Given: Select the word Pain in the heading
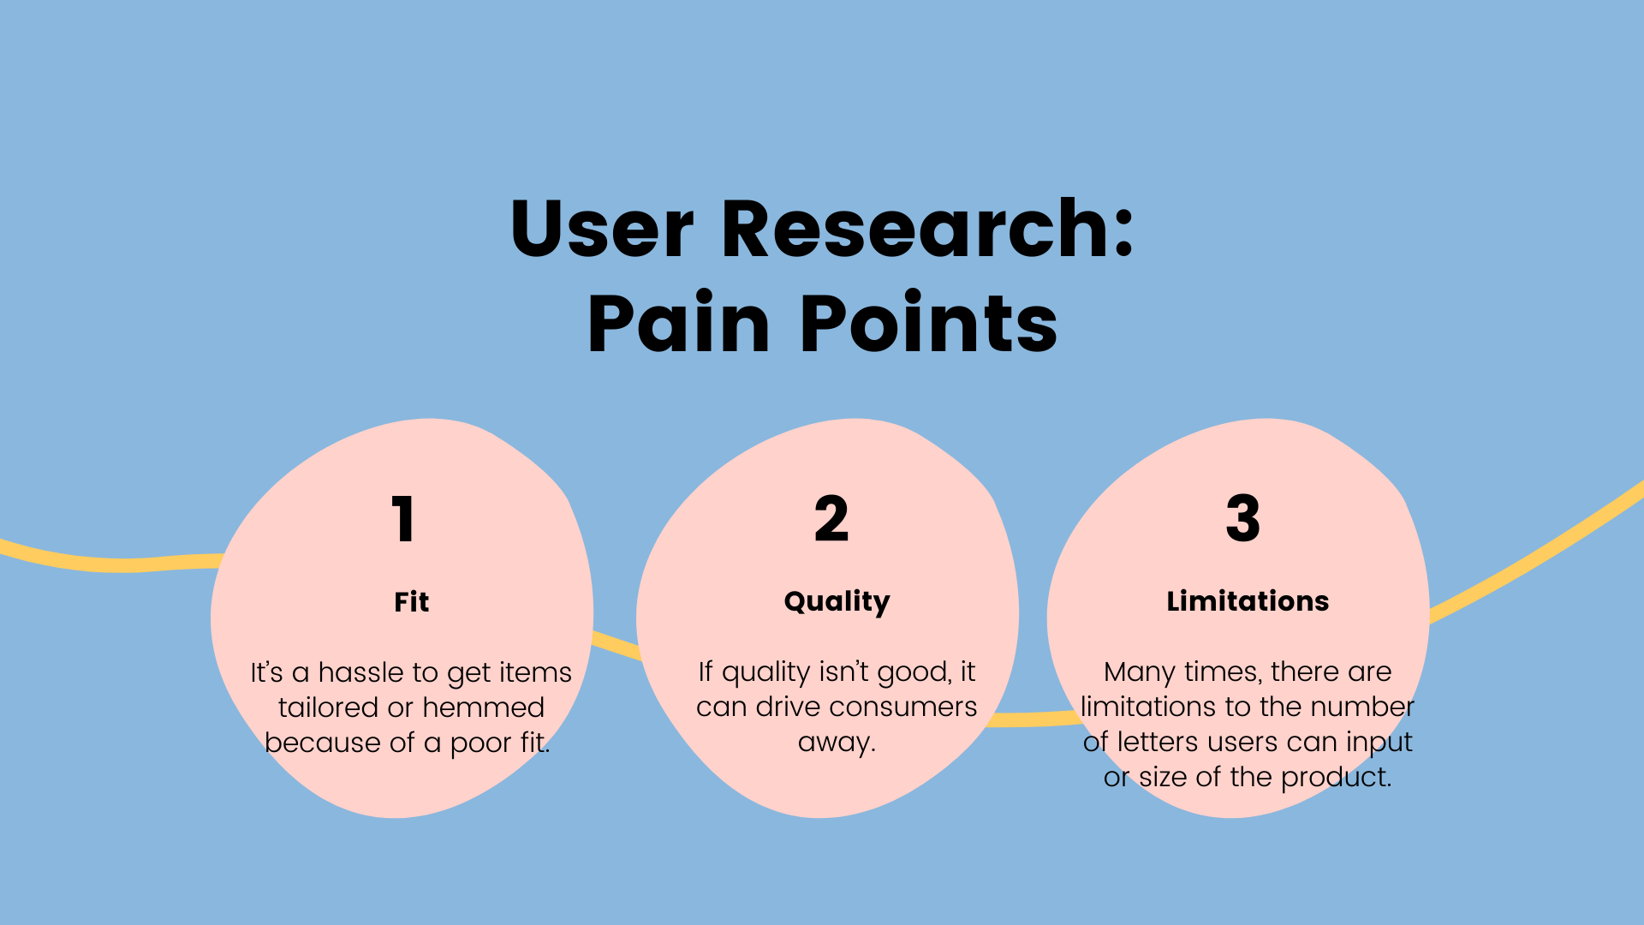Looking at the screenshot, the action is point(679,323).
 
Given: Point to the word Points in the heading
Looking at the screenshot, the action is point(929,323).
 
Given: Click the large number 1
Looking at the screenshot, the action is point(403,519).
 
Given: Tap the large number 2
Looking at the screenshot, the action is point(831,519).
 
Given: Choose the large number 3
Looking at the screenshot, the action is point(1243,519).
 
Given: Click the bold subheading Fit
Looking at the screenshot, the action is point(412,602).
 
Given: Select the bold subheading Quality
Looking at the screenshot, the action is point(837,602).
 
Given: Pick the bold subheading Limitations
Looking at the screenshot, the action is point(1248,601).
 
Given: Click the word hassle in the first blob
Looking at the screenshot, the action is point(359,672).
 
